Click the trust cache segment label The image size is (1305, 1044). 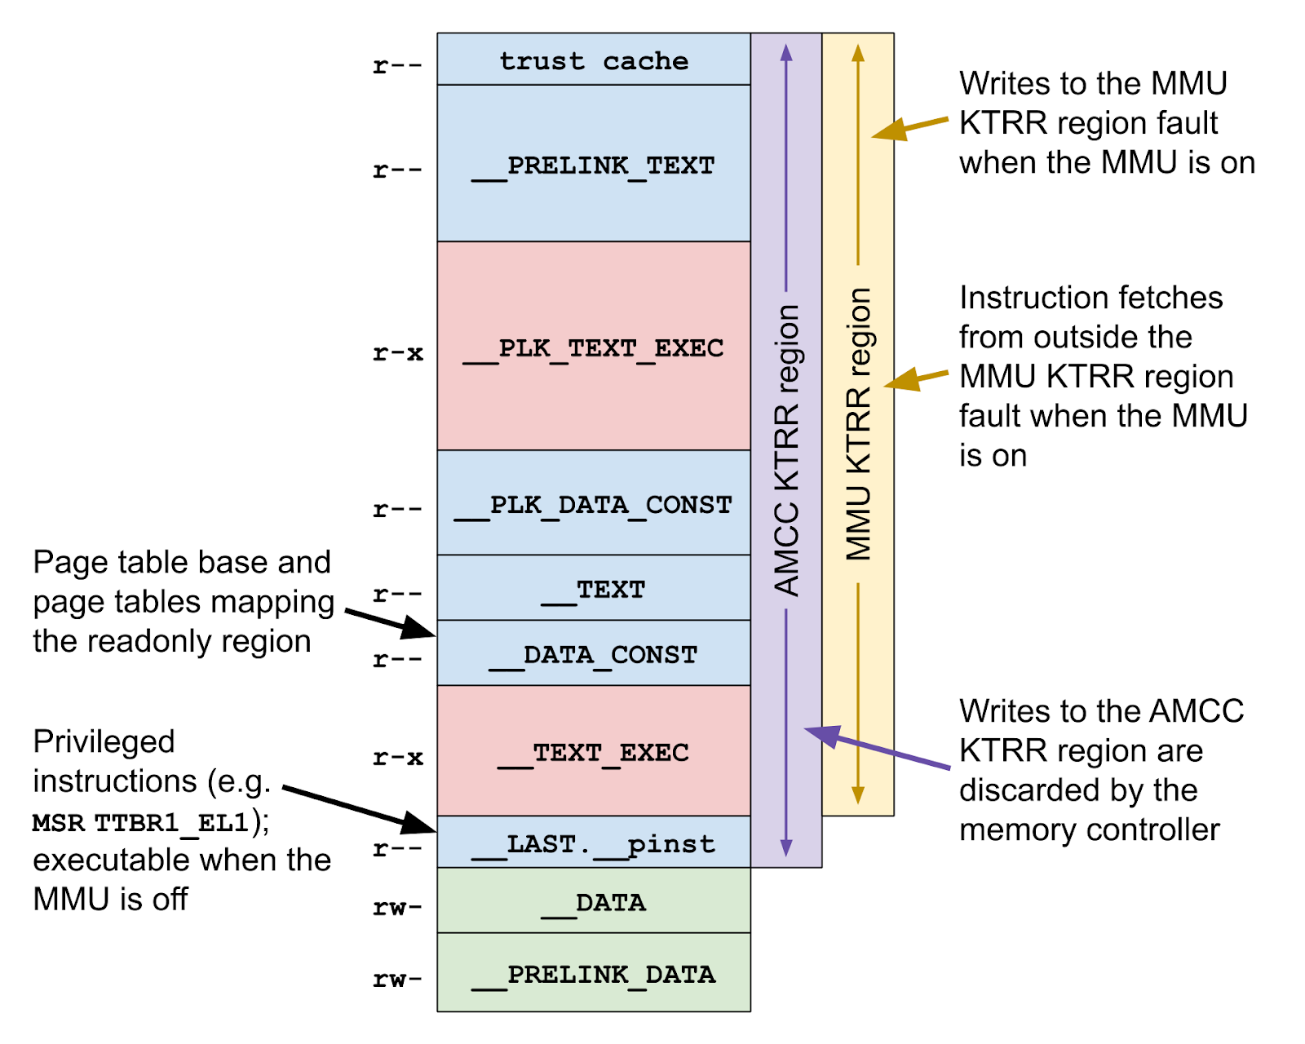click(x=594, y=61)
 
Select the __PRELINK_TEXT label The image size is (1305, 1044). click(x=594, y=166)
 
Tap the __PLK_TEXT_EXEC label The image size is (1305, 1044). click(x=594, y=349)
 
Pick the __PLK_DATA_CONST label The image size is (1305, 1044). click(x=594, y=506)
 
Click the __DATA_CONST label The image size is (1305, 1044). click(x=594, y=656)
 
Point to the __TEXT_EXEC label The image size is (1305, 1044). click(x=594, y=754)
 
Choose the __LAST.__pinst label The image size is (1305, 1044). click(x=594, y=845)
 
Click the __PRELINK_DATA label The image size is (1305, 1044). click(x=594, y=975)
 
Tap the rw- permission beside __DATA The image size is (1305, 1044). click(x=397, y=907)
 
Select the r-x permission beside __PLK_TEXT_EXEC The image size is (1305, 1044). click(x=397, y=353)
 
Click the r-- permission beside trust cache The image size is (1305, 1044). click(x=397, y=65)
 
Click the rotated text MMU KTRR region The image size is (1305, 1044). click(x=858, y=424)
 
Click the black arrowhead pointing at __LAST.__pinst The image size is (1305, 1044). click(x=422, y=823)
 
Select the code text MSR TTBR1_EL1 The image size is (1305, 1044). click(x=140, y=822)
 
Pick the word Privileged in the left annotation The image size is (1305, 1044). click(x=104, y=741)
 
